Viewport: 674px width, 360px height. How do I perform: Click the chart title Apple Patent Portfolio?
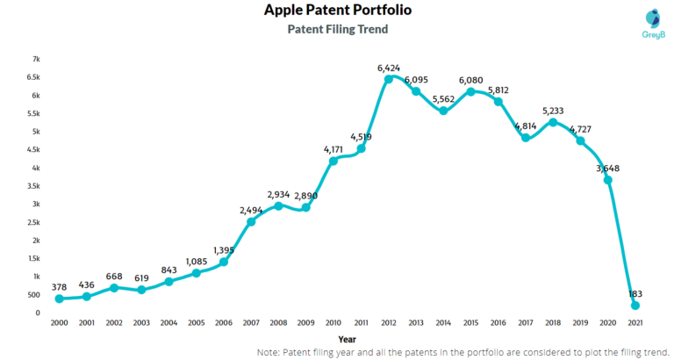pos(337,11)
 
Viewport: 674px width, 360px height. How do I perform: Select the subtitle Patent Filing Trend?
pos(337,29)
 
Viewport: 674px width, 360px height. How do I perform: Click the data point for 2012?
pos(388,79)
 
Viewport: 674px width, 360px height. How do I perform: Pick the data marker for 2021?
pos(635,305)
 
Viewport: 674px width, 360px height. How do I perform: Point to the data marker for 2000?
pos(59,299)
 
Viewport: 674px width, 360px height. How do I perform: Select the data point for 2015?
pos(471,91)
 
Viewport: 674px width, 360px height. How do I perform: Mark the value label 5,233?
pos(553,110)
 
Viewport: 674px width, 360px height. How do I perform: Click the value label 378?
pos(60,285)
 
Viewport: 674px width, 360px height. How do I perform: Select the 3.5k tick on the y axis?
pos(32,186)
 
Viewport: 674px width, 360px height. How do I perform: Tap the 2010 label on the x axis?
pos(333,324)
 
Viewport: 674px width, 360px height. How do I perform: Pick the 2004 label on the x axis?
pos(168,324)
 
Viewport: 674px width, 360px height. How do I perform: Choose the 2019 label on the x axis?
pos(580,324)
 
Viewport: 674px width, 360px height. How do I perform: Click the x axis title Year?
pos(348,338)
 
